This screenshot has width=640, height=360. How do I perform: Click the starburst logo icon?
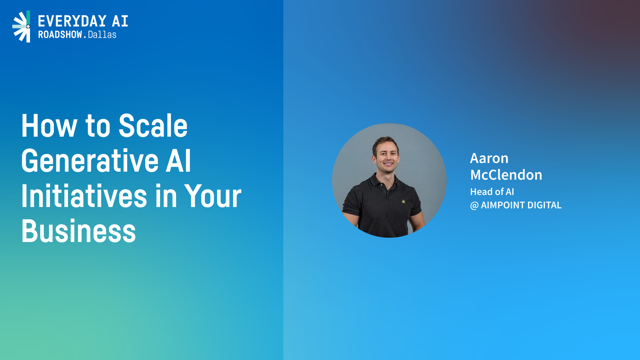[21, 27]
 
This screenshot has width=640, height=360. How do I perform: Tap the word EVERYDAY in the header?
[72, 21]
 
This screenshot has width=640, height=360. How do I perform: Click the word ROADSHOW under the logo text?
[60, 35]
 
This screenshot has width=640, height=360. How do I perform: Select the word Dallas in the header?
[102, 35]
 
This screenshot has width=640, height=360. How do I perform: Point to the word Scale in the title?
[153, 126]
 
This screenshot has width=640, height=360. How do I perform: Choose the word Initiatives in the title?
[84, 196]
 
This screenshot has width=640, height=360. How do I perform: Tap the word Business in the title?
[79, 231]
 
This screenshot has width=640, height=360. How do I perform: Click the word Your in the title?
[213, 196]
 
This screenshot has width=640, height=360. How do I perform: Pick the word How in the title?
[49, 126]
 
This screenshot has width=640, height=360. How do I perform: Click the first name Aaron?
[489, 158]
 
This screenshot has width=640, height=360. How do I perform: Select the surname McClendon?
[506, 175]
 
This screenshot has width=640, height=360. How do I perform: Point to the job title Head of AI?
[492, 192]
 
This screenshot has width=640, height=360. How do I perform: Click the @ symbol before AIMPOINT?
[474, 205]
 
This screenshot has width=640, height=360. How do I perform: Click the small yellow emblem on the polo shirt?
[403, 201]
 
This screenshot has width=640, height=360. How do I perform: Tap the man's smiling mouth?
[388, 164]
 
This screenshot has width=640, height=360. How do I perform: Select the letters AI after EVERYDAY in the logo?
[120, 21]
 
